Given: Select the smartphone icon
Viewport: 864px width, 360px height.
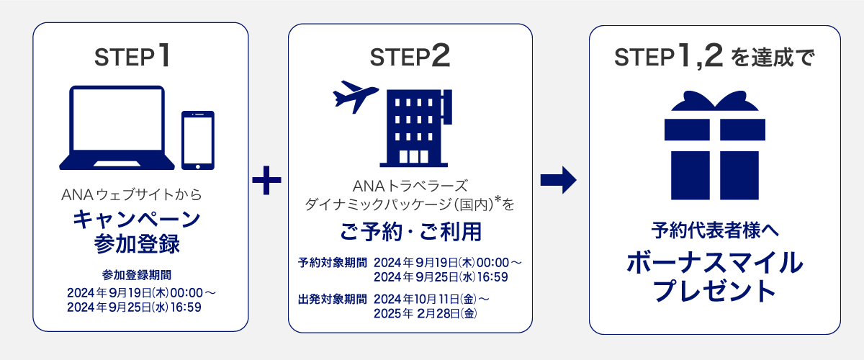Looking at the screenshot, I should (x=198, y=140).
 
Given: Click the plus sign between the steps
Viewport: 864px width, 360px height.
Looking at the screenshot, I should (x=267, y=180).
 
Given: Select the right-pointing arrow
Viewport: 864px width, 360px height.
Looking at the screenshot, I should (x=559, y=180).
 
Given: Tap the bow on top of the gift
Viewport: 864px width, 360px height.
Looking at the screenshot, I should (x=715, y=102).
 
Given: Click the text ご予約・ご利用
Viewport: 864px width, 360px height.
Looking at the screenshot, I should (x=410, y=233).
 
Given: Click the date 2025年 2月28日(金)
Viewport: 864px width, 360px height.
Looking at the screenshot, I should (x=426, y=313).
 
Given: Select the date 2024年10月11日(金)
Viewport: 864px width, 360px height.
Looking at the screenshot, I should (x=426, y=298).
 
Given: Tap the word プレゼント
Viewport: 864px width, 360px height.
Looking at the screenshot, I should (x=715, y=291).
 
